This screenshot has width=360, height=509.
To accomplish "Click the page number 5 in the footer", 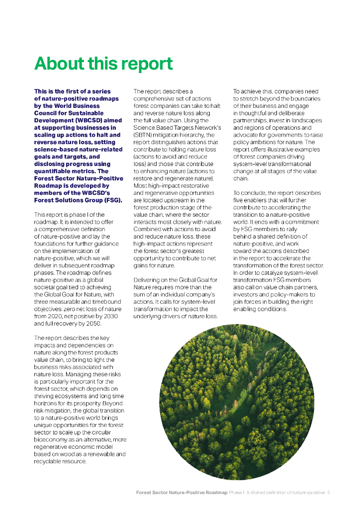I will coord(329,493).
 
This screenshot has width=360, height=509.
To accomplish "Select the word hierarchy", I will coord(202,135).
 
